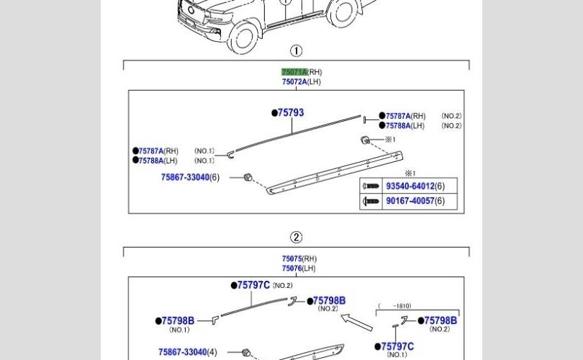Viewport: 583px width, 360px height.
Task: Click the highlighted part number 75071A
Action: click(294, 72)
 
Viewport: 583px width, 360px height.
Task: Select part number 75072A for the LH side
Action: click(294, 82)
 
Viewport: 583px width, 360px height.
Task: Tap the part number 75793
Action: click(291, 113)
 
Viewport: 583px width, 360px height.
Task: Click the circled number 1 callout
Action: click(296, 51)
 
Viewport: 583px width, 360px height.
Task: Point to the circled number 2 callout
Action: click(296, 238)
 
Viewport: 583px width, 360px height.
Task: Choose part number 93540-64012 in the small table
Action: click(410, 186)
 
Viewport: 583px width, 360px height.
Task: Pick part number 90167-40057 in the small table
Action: click(410, 201)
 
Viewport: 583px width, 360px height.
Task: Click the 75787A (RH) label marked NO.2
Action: click(398, 116)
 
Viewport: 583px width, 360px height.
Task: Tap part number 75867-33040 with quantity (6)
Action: click(185, 177)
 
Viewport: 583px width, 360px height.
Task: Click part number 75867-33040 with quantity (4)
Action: click(183, 352)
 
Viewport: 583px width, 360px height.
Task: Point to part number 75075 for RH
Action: click(292, 259)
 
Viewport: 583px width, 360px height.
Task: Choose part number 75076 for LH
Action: click(292, 269)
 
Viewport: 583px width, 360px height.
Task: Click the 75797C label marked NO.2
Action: click(253, 285)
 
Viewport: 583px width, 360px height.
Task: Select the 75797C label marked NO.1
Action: click(397, 346)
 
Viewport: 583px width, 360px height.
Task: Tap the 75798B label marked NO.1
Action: click(178, 320)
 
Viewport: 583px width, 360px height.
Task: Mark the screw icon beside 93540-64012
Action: click(371, 186)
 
